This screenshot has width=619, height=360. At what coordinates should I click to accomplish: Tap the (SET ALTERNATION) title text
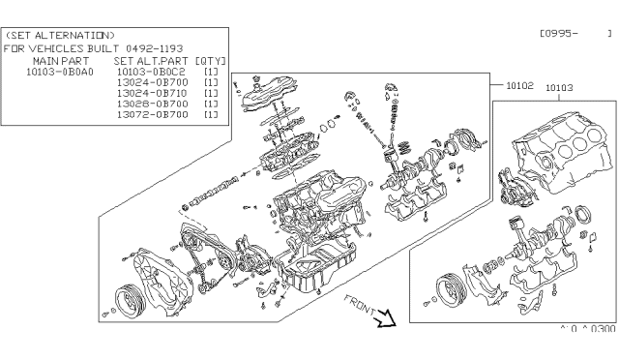click(60, 35)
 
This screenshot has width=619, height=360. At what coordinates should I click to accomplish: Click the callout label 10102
click(520, 85)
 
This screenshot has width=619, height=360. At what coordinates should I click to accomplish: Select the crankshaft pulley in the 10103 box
click(449, 286)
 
